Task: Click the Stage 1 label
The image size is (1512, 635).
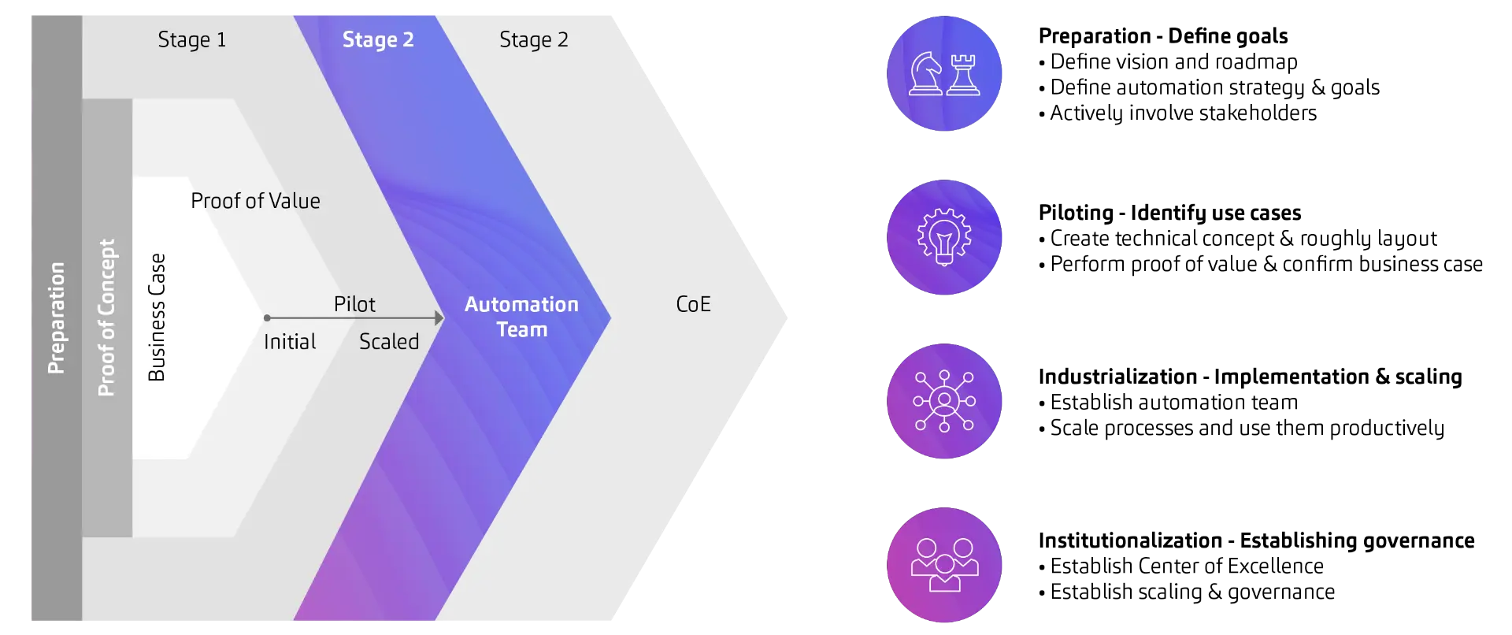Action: (191, 40)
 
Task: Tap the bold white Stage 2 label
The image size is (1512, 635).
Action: (378, 40)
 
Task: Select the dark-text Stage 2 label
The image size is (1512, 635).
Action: (533, 40)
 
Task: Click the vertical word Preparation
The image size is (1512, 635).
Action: (56, 317)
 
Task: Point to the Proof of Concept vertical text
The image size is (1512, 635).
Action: (106, 317)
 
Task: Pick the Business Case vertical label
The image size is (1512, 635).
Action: (157, 317)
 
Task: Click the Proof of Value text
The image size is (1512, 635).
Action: (255, 201)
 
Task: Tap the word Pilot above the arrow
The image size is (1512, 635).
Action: (354, 304)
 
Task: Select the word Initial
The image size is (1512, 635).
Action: (290, 342)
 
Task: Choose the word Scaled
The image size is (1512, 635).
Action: (389, 342)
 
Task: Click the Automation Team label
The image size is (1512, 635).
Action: (521, 317)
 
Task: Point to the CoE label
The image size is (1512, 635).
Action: (693, 304)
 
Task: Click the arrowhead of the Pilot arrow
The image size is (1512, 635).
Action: (439, 318)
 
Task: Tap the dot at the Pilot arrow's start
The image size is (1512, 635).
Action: (267, 318)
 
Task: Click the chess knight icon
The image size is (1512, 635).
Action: (925, 74)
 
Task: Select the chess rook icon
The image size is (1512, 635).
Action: (963, 75)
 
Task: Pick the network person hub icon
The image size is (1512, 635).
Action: (944, 401)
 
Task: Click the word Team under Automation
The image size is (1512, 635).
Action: (521, 330)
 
